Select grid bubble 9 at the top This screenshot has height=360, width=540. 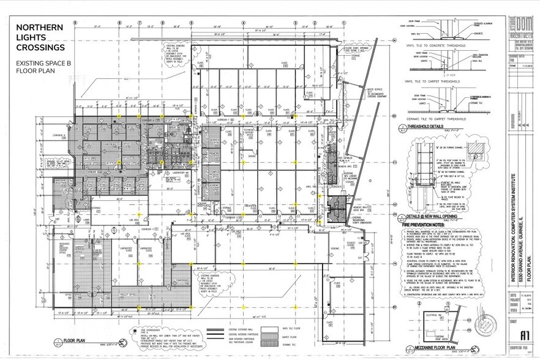(x=75, y=21)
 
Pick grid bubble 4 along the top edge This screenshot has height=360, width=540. (x=243, y=21)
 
